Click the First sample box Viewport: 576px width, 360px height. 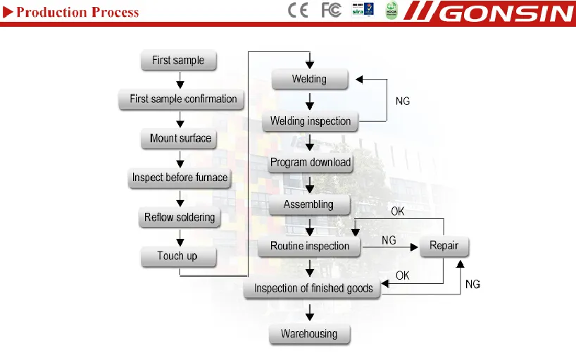pos(178,61)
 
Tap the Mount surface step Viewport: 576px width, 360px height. pos(180,139)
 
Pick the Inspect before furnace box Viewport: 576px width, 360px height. pos(180,178)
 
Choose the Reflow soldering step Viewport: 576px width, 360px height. pos(180,217)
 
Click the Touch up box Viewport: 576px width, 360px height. pos(177,256)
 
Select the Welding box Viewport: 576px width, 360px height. pos(309,79)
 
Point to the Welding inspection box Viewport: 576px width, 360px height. pos(311,121)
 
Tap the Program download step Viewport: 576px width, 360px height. pos(311,163)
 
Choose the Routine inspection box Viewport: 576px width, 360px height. pos(309,246)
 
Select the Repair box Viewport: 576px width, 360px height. pos(444,246)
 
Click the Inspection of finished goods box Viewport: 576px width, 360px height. pos(313,288)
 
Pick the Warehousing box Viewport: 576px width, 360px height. pos(309,334)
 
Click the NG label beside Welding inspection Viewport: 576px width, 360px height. pos(403,101)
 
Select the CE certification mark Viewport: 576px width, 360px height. pos(299,11)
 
